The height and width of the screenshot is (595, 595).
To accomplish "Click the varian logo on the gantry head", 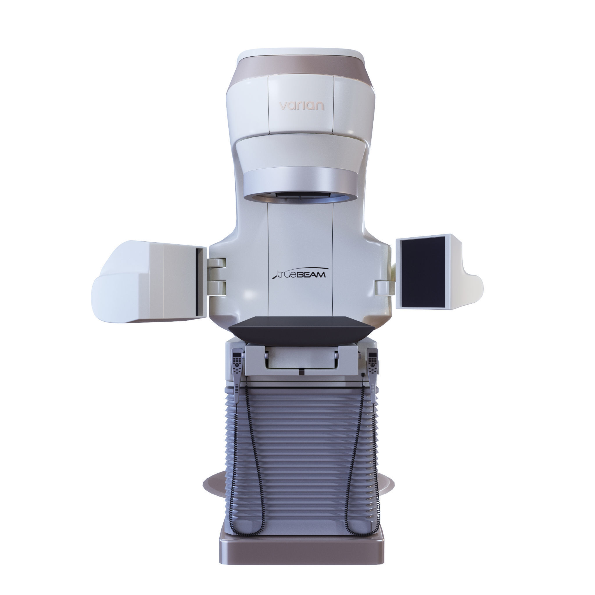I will click(301, 106).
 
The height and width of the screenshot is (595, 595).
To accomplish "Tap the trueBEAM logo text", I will click(299, 273).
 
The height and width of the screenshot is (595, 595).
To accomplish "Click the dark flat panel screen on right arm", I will click(422, 271).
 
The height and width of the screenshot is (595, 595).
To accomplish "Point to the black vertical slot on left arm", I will click(197, 282).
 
